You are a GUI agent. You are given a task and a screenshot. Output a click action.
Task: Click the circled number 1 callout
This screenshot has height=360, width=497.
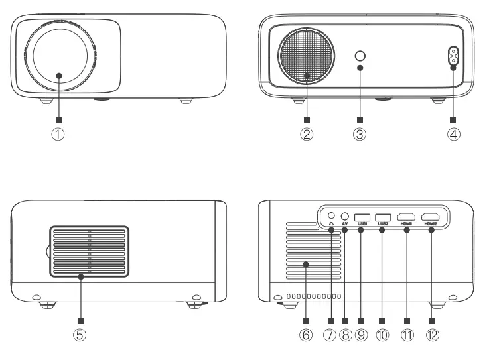(x=59, y=135)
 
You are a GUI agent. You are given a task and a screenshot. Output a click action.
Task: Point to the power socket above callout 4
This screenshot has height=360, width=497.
(x=453, y=58)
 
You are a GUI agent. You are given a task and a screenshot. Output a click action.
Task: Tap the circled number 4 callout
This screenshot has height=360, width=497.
(x=453, y=135)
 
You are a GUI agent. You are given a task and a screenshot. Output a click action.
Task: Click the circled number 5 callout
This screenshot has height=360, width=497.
(x=80, y=335)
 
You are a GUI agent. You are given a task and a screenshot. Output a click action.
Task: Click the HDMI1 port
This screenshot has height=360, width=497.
(x=405, y=217)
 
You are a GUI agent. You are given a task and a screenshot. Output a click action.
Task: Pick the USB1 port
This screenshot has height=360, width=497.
(x=362, y=217)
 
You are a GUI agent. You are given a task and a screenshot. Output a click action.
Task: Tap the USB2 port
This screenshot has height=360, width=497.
(x=382, y=217)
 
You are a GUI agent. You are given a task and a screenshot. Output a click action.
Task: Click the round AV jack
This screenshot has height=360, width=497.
(x=345, y=215)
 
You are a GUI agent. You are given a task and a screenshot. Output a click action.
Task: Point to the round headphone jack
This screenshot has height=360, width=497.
(x=331, y=215)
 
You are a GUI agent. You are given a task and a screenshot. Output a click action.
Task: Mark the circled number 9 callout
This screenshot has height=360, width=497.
(x=361, y=335)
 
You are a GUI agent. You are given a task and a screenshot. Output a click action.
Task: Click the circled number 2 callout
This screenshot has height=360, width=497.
(x=307, y=135)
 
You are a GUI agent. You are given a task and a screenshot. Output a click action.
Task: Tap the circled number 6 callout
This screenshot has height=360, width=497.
(x=306, y=335)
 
